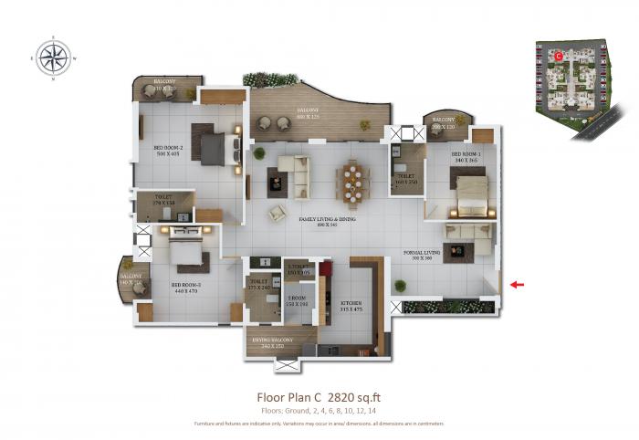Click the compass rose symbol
click(x=53, y=59)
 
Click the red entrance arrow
click(x=517, y=285)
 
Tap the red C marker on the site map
click(x=559, y=56)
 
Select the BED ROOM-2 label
click(x=170, y=151)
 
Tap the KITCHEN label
click(x=351, y=305)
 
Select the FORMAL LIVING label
click(x=425, y=255)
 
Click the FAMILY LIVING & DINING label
click(x=319, y=221)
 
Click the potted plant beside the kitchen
click(x=399, y=287)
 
